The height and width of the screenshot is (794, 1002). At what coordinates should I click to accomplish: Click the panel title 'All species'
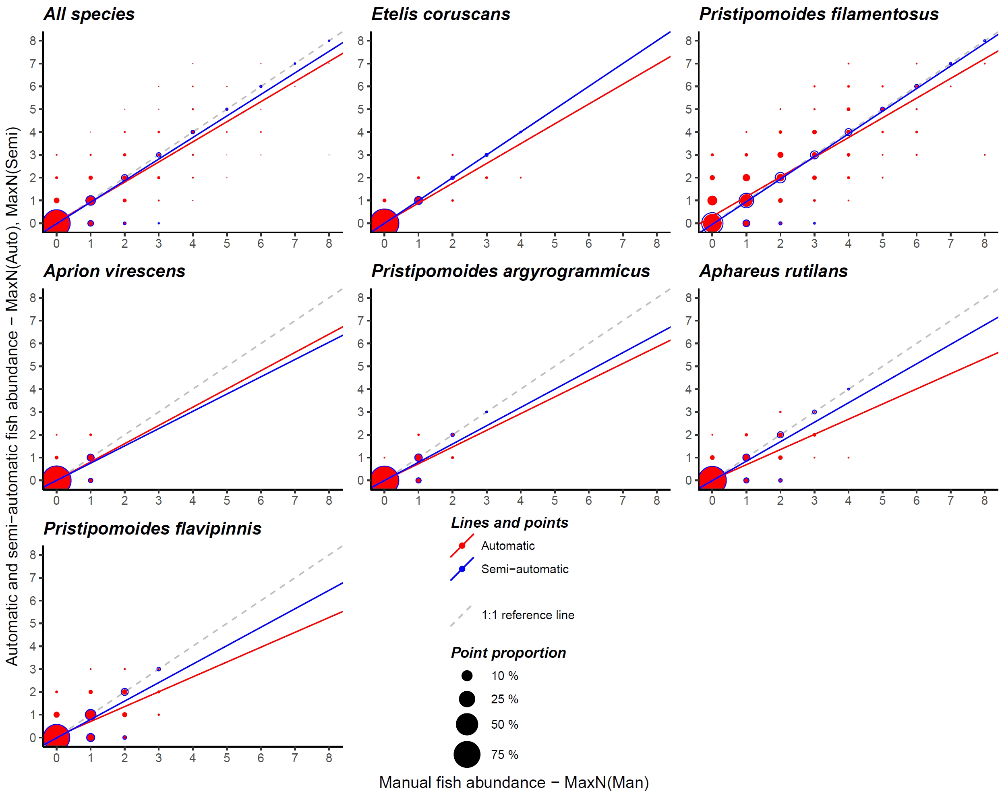click(x=89, y=15)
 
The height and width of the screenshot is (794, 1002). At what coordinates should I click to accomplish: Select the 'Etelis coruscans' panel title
click(x=440, y=15)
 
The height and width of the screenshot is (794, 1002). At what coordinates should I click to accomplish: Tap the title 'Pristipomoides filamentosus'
click(x=818, y=15)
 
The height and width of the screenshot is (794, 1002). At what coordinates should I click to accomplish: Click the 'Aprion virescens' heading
click(x=114, y=272)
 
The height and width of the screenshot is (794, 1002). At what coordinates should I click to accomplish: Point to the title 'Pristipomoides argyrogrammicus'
click(x=510, y=272)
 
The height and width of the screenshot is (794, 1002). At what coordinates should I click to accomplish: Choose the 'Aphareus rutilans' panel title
click(x=773, y=272)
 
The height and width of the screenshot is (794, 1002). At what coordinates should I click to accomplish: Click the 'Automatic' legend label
click(x=507, y=546)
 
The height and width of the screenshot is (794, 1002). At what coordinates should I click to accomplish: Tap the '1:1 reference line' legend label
click(x=528, y=616)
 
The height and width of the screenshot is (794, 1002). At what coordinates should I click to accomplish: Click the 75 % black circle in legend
click(x=467, y=755)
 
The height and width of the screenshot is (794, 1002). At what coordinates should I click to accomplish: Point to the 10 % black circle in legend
click(x=467, y=676)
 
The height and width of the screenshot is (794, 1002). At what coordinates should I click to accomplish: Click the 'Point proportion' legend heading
click(x=508, y=653)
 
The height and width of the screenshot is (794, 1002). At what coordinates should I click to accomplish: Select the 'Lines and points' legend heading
click(x=509, y=523)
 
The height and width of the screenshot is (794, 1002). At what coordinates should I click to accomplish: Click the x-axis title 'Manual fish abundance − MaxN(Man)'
click(x=513, y=783)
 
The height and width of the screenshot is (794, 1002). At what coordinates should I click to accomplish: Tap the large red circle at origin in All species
click(x=56, y=223)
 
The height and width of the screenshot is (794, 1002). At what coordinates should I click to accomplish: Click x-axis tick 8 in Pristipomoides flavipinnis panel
click(x=329, y=758)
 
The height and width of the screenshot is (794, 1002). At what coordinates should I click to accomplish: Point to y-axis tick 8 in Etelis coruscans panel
click(x=360, y=41)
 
